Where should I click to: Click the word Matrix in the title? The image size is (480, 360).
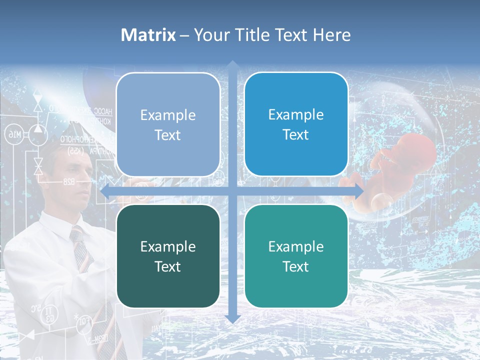click(x=148, y=35)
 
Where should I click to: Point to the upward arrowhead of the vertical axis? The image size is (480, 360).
click(x=232, y=65)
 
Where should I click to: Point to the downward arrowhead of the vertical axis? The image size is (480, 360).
click(x=232, y=318)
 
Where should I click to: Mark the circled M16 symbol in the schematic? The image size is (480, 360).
click(x=14, y=133)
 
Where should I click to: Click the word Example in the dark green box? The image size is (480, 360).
click(x=168, y=246)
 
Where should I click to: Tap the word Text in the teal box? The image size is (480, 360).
click(x=296, y=266)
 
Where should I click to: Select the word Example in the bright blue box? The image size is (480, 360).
click(x=296, y=114)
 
